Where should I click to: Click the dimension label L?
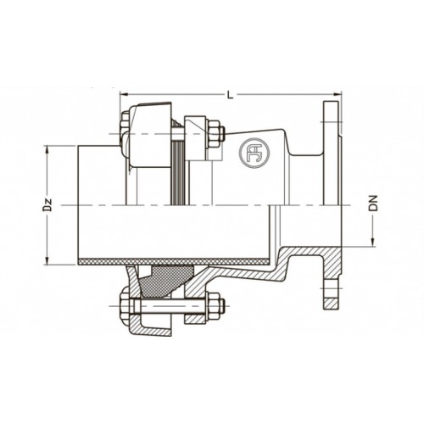tap(231, 95)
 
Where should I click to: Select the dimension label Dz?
tap(47, 205)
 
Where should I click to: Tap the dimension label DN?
tap(373, 203)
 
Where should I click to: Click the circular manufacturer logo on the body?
tap(254, 153)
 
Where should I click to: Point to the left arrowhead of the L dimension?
tap(124, 94)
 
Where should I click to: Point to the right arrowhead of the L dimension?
tap(338, 94)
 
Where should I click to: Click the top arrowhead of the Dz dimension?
tap(47, 150)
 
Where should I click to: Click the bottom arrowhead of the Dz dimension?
tap(47, 260)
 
